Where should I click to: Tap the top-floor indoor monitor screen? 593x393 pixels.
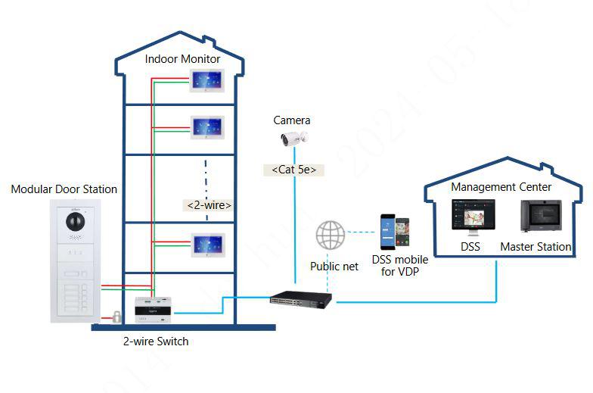[209, 80]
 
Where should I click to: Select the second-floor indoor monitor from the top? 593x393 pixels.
[209, 126]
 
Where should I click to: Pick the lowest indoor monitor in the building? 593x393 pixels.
[209, 245]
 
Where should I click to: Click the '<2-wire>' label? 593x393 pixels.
[208, 204]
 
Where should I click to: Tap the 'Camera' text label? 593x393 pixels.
[292, 120]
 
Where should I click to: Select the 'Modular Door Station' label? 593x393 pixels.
[64, 189]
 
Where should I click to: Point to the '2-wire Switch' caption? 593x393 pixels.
[156, 342]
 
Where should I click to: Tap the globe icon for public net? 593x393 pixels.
[330, 235]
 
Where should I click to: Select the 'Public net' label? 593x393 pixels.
[334, 267]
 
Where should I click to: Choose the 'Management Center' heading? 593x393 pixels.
[501, 187]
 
